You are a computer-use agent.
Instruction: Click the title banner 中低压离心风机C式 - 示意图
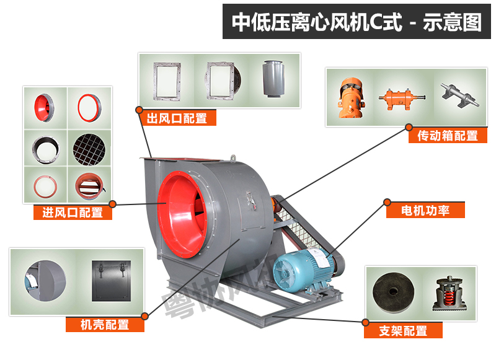356,22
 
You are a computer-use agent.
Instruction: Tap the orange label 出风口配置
177,118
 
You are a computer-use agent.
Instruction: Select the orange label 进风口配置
73,212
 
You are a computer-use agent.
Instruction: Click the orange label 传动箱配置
448,136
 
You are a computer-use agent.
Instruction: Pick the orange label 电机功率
425,210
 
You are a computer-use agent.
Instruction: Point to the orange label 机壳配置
105,324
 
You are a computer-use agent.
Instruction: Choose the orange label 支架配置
404,331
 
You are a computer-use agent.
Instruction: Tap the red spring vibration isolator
449,294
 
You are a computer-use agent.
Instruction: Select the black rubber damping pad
393,292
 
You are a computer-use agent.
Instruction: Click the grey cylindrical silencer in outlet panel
273,79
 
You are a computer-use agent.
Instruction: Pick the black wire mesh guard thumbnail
89,149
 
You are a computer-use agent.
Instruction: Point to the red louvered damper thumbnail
89,186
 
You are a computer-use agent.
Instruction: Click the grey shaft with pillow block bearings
460,95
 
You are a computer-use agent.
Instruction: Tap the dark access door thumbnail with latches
112,281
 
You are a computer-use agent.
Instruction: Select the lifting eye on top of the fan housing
233,158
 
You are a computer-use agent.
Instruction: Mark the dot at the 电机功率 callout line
387,202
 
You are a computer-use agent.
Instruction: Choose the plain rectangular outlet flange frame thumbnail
167,81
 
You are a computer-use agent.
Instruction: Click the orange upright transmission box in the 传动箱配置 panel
351,99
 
